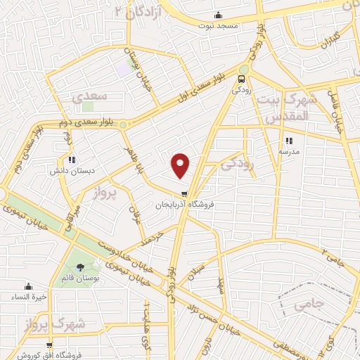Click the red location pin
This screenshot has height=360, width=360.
[x=181, y=165]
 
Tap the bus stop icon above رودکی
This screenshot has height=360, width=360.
[x=243, y=79]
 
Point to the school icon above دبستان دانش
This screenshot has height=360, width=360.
[x=72, y=160]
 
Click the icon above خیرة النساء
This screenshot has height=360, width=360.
[x=29, y=286]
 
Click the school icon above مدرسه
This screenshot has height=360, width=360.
[x=289, y=141]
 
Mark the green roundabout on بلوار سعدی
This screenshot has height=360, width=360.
[x=123, y=124]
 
